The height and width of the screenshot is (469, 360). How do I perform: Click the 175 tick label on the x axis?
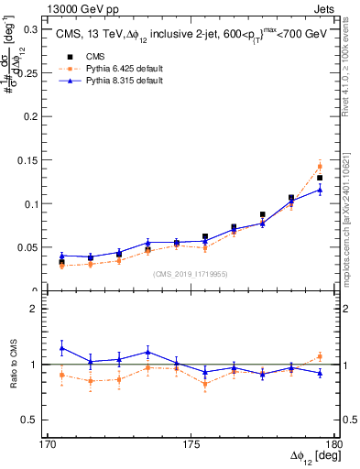[191, 444]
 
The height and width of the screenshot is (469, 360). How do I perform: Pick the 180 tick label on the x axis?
[334, 444]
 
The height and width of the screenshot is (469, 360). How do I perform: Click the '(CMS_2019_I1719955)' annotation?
[191, 273]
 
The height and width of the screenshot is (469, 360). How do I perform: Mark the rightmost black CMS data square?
[320, 178]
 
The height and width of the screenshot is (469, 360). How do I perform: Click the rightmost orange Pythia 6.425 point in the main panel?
[320, 166]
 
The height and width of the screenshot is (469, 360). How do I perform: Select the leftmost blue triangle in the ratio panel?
[61, 348]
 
